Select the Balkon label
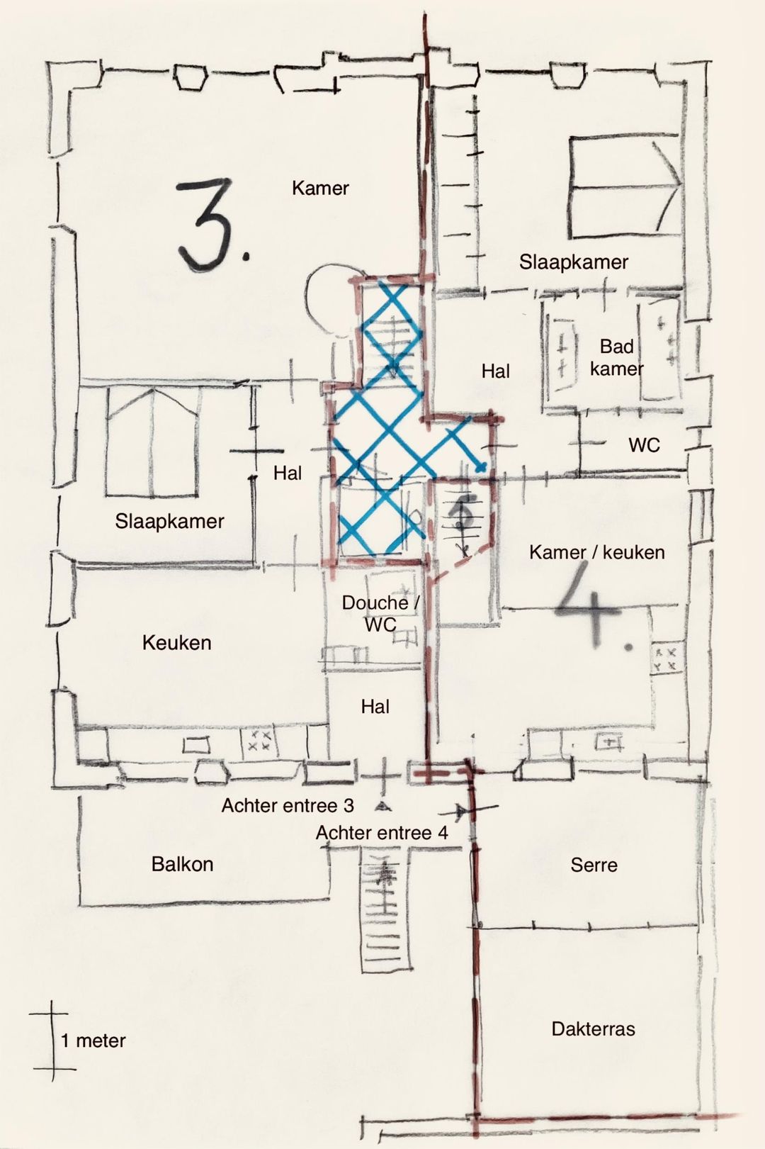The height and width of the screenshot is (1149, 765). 182,864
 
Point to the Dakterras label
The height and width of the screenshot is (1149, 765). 594,1039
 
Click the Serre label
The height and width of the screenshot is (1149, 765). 594,865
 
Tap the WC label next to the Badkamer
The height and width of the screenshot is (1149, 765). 644,444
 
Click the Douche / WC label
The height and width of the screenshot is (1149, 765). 380,613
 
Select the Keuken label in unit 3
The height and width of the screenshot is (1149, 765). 177,643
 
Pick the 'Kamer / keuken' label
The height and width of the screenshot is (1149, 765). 597,552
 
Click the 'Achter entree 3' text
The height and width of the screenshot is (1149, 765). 288,805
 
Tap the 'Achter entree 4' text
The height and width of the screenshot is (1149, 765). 382,833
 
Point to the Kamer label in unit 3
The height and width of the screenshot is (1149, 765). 320,188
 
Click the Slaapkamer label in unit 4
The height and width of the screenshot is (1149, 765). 574,262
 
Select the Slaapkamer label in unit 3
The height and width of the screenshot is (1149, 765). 169,521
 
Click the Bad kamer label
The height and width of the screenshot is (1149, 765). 616,357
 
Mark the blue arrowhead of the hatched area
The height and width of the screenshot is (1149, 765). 482,467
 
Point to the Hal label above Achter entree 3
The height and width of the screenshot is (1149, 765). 375,707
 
